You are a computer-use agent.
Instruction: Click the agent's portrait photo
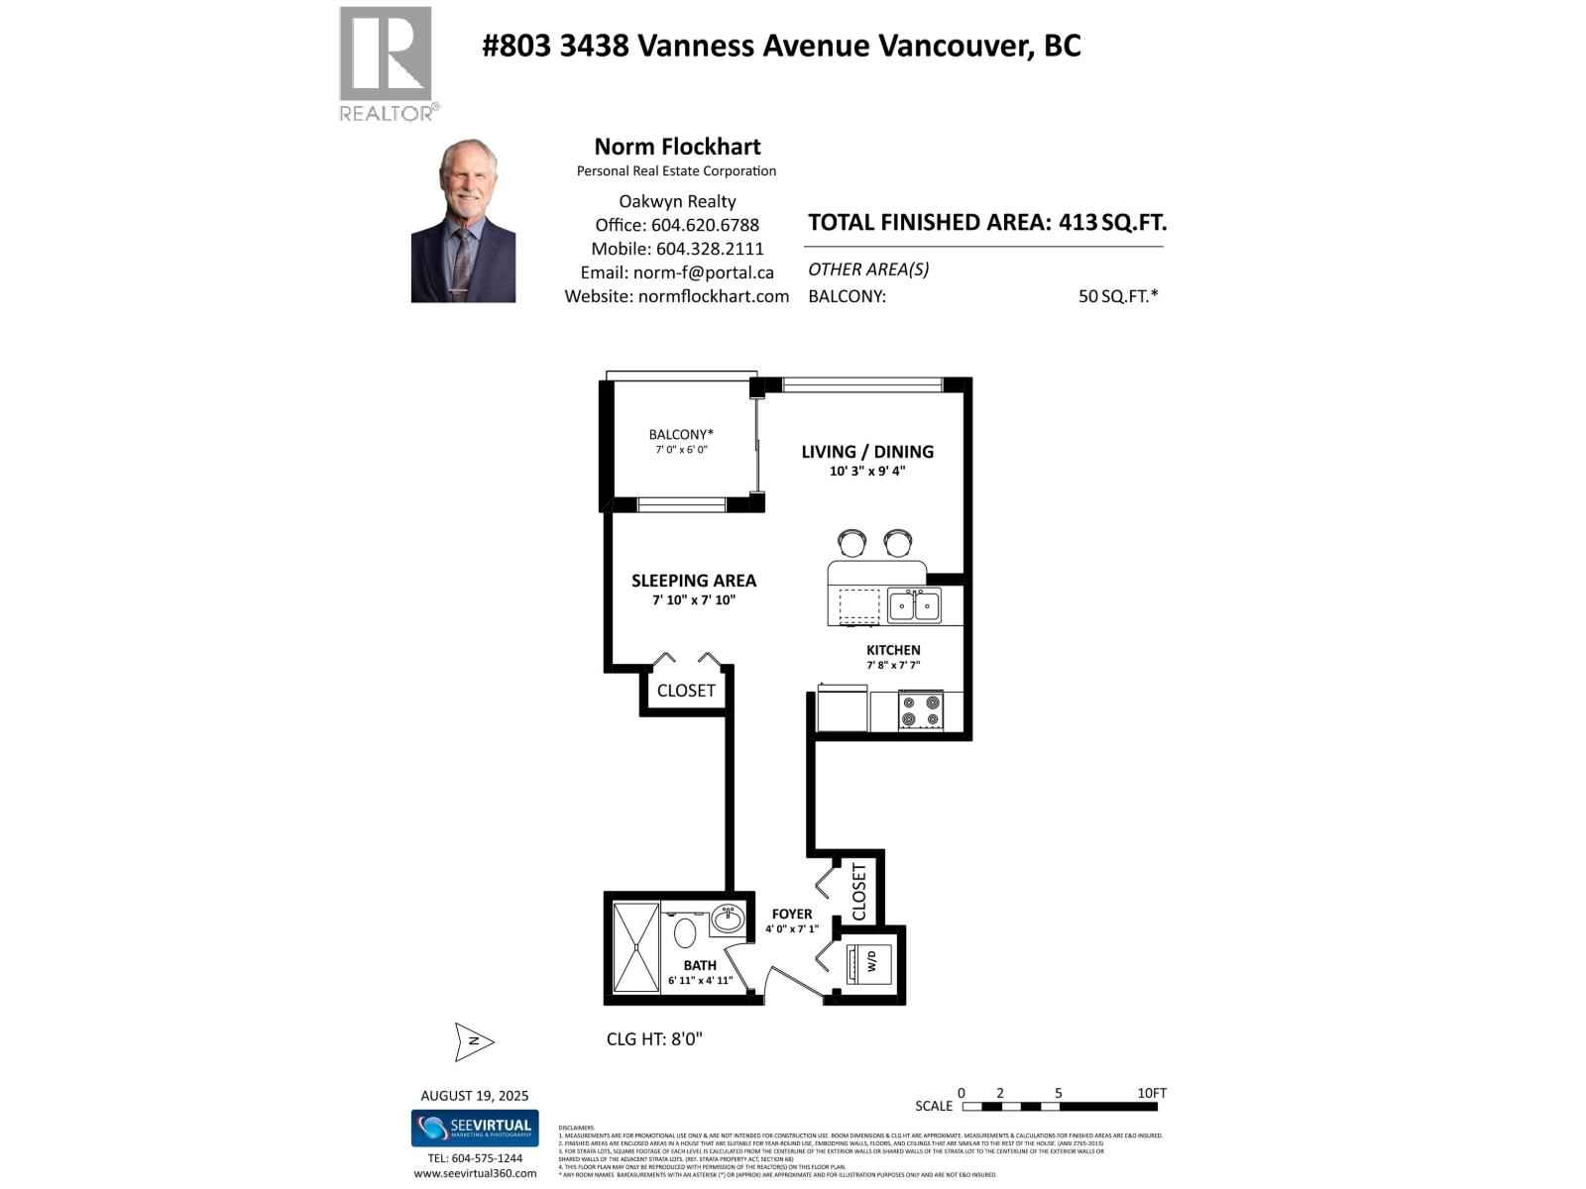tap(463, 221)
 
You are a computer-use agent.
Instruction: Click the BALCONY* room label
tap(681, 434)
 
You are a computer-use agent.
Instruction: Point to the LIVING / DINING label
tap(867, 452)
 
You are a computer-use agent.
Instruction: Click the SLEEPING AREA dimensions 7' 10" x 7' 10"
tap(694, 600)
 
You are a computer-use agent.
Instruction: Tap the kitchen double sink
tap(914, 605)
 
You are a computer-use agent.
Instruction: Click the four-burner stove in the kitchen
tap(920, 710)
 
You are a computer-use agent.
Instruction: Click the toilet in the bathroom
tap(685, 932)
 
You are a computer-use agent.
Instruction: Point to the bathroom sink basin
tap(728, 919)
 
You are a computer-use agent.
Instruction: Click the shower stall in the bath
tap(635, 947)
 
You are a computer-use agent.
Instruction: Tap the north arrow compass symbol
tap(474, 1041)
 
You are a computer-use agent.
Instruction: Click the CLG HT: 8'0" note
tap(654, 1039)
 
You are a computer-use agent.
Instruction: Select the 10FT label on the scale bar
tap(1152, 1093)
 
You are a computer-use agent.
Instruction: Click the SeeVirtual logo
tap(475, 1128)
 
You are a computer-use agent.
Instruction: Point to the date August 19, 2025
tap(475, 1096)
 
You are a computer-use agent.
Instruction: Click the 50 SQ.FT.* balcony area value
tap(1118, 296)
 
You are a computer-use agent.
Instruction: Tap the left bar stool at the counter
tap(852, 543)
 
